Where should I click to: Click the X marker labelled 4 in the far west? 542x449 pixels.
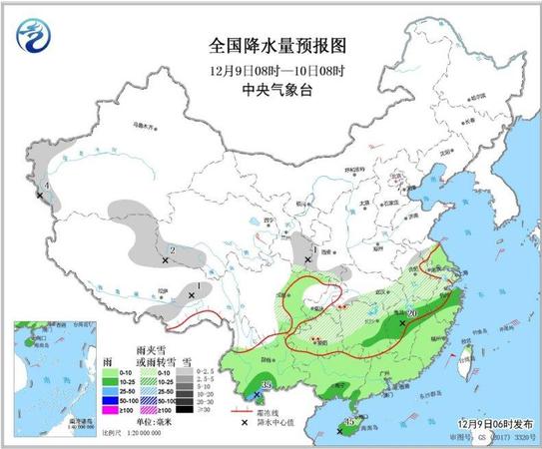[x=40, y=195]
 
